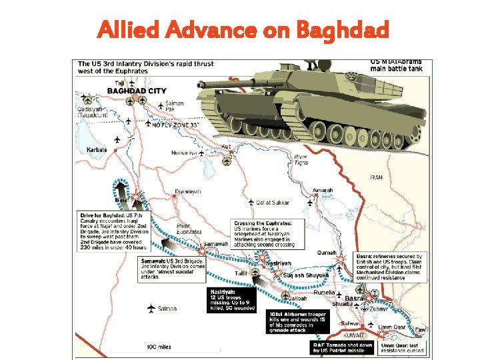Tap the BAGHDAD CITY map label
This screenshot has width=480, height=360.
pos(137,90)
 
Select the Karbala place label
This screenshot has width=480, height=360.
pos(97,150)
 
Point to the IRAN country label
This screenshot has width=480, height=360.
pos(377,178)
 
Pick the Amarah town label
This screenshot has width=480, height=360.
pos(322,190)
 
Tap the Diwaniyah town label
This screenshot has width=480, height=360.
pos(187,192)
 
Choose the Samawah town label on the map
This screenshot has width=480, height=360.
pos(216,244)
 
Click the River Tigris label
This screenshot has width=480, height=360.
pos(301,159)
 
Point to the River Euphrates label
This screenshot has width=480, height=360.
pos(189,229)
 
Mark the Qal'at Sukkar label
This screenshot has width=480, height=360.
pos(273,202)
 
